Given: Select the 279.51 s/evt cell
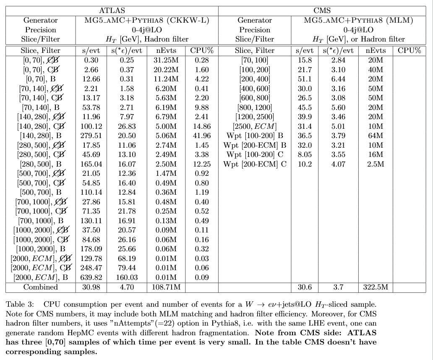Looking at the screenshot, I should [91, 136].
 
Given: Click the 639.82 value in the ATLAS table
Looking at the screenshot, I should [91, 277].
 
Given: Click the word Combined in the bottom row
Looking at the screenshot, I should [41, 287].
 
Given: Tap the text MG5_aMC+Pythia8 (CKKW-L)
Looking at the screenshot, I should [146, 20].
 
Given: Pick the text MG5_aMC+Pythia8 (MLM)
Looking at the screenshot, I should [359, 20].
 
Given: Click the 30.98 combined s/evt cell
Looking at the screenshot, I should [91, 287].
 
